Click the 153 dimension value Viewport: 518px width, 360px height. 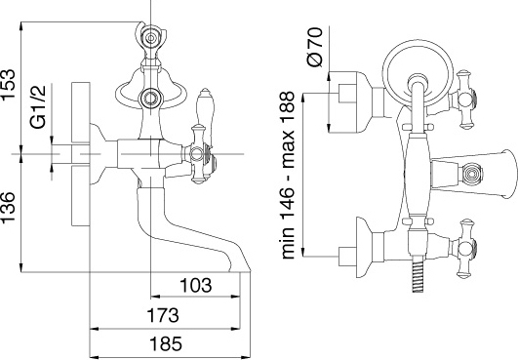(8, 84)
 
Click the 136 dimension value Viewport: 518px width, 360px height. (8, 208)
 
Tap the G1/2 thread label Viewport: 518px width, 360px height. (38, 106)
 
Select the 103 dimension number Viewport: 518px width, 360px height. (196, 285)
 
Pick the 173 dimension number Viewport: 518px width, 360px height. (163, 315)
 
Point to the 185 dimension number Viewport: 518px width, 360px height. (166, 343)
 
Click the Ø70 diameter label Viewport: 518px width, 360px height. (314, 47)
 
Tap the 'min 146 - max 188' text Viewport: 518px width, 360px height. (288, 175)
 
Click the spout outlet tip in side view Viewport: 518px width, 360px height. (240, 271)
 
